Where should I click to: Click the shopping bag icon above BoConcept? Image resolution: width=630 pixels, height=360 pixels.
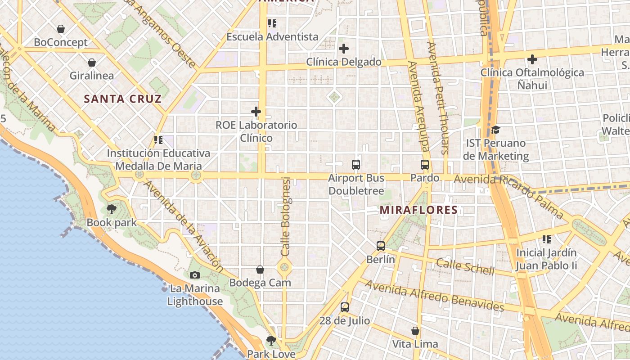coord(61,29)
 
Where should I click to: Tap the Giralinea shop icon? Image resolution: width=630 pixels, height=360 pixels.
coord(92,63)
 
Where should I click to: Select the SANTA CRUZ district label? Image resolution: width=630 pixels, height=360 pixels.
coord(123,99)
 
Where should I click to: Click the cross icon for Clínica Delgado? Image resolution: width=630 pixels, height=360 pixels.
coord(344,49)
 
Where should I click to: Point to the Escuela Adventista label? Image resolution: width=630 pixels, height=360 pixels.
coord(272,37)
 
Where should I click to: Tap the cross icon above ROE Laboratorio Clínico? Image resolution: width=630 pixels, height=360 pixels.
coord(256,112)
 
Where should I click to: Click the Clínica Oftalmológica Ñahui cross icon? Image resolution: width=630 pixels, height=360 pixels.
coord(532,59)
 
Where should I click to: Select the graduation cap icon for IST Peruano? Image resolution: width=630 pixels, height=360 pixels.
coord(495,130)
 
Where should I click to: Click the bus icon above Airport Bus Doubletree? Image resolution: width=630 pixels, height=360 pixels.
coord(356,165)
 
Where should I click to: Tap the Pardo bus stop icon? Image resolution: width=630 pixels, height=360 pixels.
coord(425,165)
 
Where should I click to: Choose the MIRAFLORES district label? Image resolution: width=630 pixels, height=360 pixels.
coord(418,210)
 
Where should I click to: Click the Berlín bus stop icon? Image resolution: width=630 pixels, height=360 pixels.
coord(381,246)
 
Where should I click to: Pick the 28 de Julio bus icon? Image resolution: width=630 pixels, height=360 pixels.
coord(345,307)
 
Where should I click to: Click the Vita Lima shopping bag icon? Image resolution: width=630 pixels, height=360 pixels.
coord(415,331)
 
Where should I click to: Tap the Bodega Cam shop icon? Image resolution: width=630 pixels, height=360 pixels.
coord(260,270)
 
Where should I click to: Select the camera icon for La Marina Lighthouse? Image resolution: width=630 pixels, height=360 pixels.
coord(195,275)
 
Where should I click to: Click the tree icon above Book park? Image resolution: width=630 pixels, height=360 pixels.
coord(111,209)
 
